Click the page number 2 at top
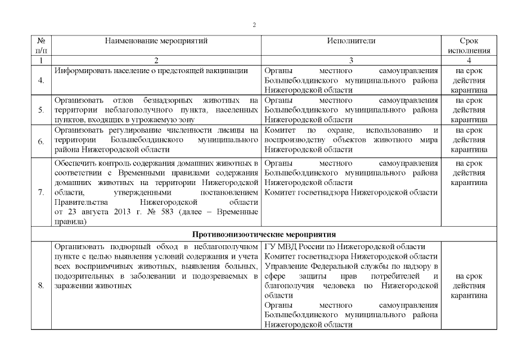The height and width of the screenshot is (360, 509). (x=254, y=25)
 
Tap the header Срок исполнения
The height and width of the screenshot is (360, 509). (x=469, y=46)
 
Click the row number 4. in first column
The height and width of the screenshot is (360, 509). (x=41, y=80)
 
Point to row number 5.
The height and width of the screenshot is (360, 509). (x=41, y=110)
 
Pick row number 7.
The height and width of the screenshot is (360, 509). (x=41, y=192)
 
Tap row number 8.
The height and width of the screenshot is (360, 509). (x=41, y=286)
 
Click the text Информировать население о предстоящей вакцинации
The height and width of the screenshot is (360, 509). (x=151, y=71)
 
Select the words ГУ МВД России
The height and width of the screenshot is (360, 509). (x=289, y=246)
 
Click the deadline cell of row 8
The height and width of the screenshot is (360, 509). (x=469, y=286)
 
